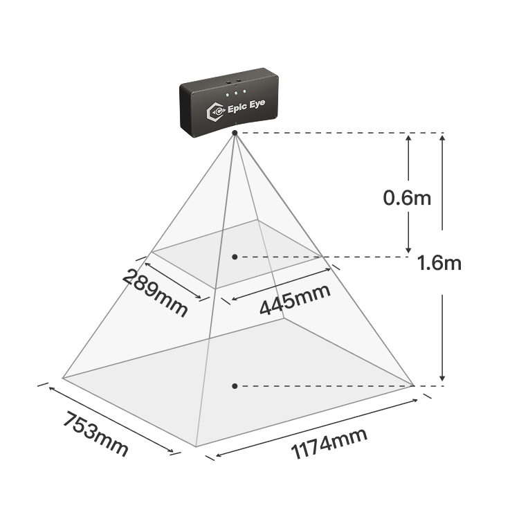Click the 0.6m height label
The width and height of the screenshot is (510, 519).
(407, 199)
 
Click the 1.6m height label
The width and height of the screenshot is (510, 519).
(439, 263)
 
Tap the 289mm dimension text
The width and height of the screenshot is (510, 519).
(155, 293)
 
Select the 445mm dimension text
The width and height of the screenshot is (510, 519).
(295, 299)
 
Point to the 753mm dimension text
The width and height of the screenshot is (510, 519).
(95, 434)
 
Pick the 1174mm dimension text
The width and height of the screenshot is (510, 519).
(329, 443)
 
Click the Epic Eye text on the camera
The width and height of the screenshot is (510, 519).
(246, 106)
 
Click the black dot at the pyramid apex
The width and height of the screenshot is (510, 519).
(235, 133)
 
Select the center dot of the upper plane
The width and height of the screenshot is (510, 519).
(235, 257)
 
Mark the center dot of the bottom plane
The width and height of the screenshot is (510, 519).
(235, 386)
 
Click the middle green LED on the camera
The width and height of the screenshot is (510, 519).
(236, 93)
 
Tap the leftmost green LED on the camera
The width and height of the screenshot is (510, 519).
(228, 95)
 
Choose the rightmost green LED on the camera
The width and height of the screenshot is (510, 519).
(244, 91)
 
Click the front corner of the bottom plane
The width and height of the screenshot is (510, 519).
(196, 446)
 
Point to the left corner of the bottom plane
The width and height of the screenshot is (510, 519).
(62, 377)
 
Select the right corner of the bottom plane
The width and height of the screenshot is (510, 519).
(414, 385)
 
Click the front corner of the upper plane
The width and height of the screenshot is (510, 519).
(215, 289)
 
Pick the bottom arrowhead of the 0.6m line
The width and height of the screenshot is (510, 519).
(408, 250)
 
